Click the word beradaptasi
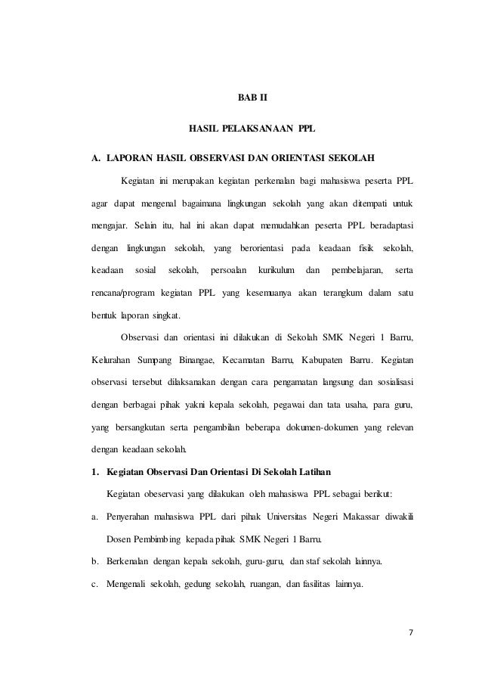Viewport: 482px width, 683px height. click(388, 225)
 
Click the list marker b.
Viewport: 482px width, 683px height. click(94, 561)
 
